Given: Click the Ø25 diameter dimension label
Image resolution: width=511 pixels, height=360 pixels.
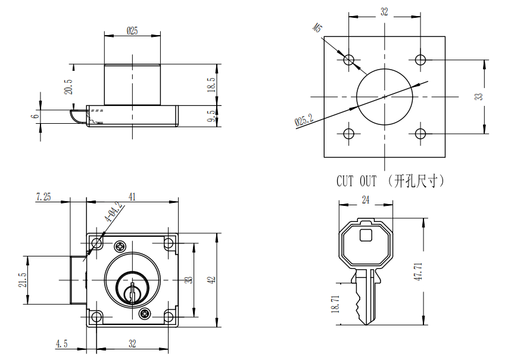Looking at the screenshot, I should [x=132, y=32].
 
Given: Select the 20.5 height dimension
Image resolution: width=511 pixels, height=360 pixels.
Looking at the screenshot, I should [x=68, y=87].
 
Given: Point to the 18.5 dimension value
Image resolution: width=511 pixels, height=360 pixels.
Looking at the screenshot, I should [x=210, y=84].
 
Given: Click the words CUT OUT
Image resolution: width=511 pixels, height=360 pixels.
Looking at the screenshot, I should [x=356, y=181].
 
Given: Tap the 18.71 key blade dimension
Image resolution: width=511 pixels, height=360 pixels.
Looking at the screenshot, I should [x=335, y=304].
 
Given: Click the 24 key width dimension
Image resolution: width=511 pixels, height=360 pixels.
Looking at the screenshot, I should [x=365, y=200].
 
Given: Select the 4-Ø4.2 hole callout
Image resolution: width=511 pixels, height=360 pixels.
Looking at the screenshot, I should [x=113, y=212].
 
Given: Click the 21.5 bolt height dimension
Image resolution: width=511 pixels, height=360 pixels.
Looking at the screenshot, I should [x=22, y=280].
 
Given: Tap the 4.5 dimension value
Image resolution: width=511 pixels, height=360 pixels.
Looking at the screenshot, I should [x=62, y=343].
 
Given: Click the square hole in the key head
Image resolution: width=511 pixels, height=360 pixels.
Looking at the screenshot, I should [x=366, y=234].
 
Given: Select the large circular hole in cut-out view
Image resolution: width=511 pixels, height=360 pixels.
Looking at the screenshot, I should [x=385, y=96].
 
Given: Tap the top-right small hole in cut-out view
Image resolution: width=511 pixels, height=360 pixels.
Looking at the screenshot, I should [x=420, y=60].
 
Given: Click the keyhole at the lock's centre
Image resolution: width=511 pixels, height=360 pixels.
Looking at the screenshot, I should [x=132, y=291].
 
